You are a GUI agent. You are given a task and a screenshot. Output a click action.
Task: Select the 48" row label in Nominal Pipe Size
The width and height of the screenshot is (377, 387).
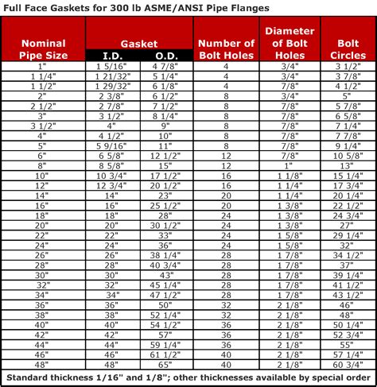[x=43, y=365]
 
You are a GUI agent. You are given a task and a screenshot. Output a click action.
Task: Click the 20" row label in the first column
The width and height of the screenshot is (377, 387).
[x=43, y=225]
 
